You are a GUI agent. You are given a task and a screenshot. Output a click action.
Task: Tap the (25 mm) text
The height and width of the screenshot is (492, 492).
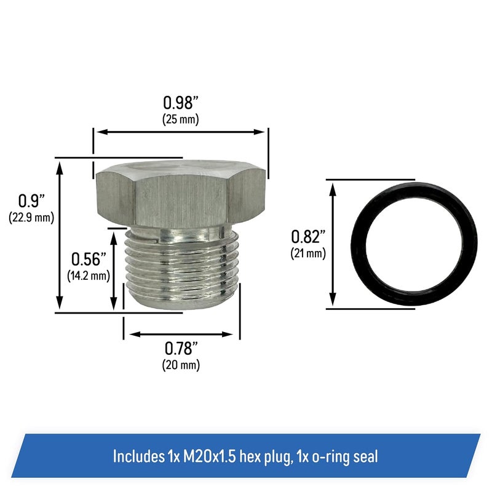(181, 119)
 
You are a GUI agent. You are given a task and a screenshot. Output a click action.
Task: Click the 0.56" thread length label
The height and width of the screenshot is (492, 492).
(88, 258)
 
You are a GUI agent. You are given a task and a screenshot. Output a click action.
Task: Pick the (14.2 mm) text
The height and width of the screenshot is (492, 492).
(89, 275)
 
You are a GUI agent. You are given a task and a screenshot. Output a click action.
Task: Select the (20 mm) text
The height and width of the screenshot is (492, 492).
(181, 365)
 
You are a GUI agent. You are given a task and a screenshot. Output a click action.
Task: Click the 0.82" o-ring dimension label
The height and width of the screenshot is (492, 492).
(308, 236)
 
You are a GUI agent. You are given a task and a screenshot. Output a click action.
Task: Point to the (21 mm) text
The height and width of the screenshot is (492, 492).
(309, 252)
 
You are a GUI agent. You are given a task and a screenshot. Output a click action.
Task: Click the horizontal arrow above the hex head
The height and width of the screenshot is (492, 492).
(181, 131)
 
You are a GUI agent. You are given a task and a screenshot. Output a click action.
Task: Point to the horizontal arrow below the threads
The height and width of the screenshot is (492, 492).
(181, 335)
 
